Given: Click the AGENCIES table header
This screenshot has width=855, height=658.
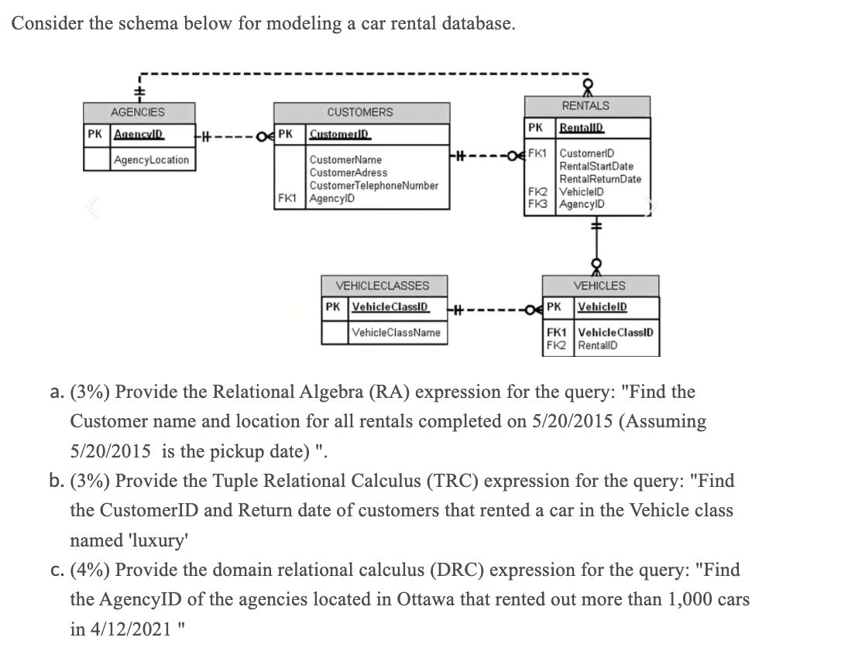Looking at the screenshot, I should (137, 112).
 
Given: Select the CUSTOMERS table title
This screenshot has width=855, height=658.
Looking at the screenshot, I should (359, 112).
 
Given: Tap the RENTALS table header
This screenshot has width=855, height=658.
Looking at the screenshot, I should (585, 105).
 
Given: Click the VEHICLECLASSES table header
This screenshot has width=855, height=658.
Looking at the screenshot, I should (382, 286).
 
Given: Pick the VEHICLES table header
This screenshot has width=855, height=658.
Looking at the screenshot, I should (600, 286).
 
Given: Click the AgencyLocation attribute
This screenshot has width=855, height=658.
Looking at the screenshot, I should (151, 159).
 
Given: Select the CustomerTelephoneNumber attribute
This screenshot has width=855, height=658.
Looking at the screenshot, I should (373, 186).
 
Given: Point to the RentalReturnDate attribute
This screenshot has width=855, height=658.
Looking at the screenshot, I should (600, 179).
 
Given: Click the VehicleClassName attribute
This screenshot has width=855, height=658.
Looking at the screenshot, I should (396, 332).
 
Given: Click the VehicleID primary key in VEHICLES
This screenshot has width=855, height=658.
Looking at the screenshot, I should (603, 307).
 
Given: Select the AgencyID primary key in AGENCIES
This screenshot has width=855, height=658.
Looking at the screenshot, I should (138, 134).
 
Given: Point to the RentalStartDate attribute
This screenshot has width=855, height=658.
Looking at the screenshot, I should (596, 166).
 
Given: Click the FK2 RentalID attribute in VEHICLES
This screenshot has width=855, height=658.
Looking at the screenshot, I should (596, 345).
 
